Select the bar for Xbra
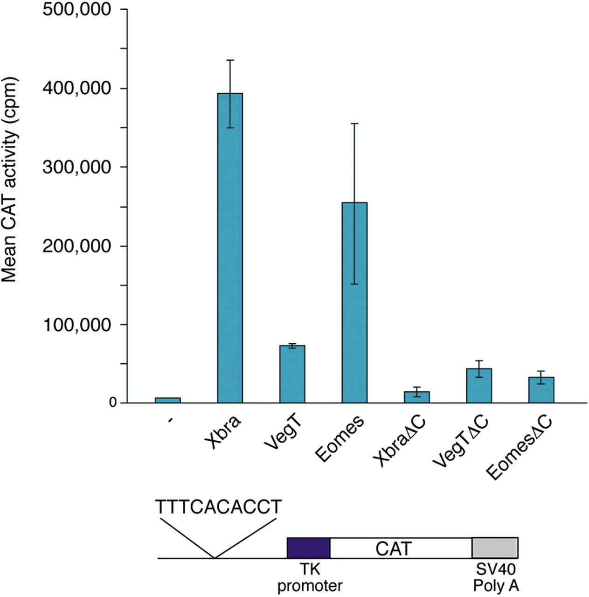pyautogui.click(x=230, y=247)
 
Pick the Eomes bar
pyautogui.click(x=354, y=303)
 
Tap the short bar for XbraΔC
pyautogui.click(x=416, y=397)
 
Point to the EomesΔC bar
pyautogui.click(x=541, y=390)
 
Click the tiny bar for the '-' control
pyautogui.click(x=167, y=400)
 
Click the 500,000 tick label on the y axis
pyautogui.click(x=77, y=9)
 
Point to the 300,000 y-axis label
pyautogui.click(x=77, y=167)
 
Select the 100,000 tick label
pyautogui.click(x=77, y=325)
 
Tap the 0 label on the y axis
pyautogui.click(x=113, y=403)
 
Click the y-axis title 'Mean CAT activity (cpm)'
pyautogui.click(x=9, y=180)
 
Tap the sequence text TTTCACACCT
pyautogui.click(x=218, y=507)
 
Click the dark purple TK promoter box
pyautogui.click(x=308, y=548)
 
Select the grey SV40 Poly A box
pyautogui.click(x=495, y=548)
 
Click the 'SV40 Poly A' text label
pyautogui.click(x=496, y=577)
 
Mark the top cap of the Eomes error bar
pyautogui.click(x=354, y=124)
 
